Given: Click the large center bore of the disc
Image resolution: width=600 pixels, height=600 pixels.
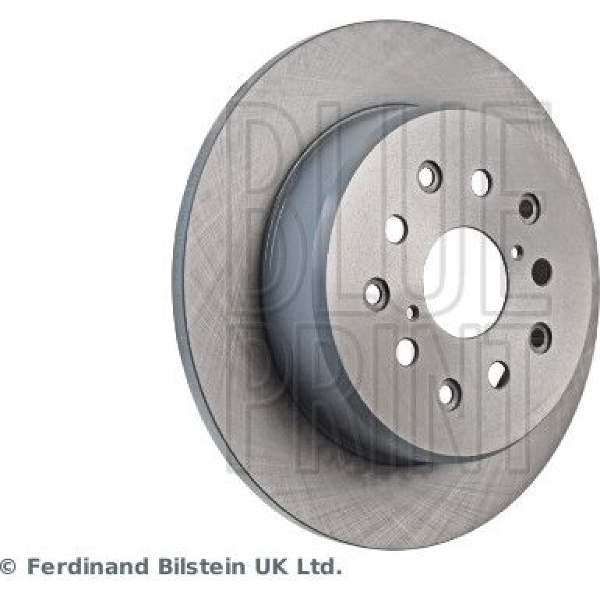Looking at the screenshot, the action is click(x=465, y=282).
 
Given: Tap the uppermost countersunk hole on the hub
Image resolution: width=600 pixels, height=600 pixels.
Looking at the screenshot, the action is click(x=429, y=176).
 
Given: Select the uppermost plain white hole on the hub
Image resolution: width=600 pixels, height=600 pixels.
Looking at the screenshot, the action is click(x=481, y=182).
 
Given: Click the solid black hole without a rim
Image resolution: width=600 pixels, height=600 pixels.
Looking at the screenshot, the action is click(x=542, y=272).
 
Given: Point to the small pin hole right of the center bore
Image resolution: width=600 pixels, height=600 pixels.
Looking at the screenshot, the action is click(x=517, y=252).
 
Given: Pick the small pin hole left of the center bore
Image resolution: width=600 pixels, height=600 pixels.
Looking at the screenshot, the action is click(x=411, y=312).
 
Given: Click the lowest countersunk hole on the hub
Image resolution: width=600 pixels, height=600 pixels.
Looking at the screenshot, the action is click(x=449, y=394).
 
